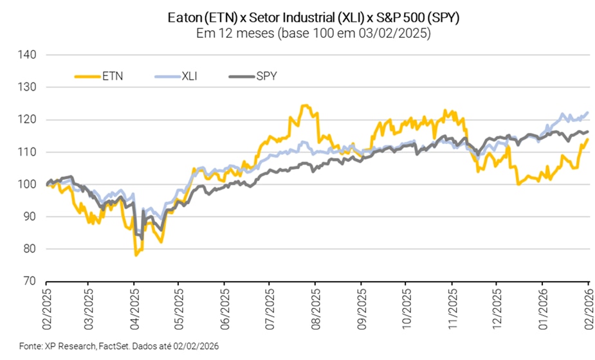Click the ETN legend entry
click(x=113, y=76)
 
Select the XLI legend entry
click(x=189, y=76)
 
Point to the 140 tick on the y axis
click(x=30, y=55)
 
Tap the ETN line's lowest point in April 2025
click(x=136, y=255)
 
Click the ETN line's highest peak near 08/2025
click(x=304, y=105)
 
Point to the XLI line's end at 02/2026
click(x=588, y=113)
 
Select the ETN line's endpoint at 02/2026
click(x=588, y=139)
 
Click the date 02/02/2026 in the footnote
click(x=197, y=346)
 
